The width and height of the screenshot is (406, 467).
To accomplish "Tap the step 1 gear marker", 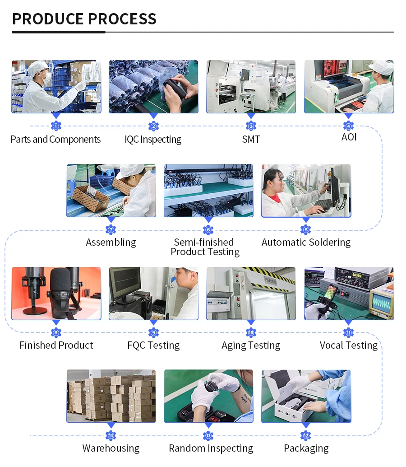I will [56, 126].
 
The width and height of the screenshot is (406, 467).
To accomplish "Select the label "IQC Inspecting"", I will [153, 140].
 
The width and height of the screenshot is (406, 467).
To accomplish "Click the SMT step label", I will [251, 140].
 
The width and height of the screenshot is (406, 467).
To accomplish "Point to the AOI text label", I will [349, 137].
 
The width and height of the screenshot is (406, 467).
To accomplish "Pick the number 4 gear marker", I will [348, 126].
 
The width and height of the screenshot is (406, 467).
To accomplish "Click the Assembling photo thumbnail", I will [111, 190].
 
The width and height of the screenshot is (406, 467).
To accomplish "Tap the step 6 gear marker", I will [208, 230].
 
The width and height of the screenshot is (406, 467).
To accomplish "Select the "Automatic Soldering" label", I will [306, 243].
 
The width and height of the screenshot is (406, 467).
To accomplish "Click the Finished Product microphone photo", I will [56, 293].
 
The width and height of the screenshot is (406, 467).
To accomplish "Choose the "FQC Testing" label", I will [153, 346].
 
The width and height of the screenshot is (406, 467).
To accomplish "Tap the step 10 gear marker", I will [251, 333].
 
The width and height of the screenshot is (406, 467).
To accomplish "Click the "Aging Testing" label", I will [251, 346].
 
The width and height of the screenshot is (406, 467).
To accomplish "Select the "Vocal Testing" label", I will [348, 346].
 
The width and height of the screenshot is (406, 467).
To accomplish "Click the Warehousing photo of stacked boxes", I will [111, 396].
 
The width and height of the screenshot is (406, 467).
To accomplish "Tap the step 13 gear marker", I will [208, 436].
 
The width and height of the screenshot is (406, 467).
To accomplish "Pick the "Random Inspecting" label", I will [211, 448].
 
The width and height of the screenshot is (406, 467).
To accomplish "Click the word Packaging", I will [306, 448].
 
